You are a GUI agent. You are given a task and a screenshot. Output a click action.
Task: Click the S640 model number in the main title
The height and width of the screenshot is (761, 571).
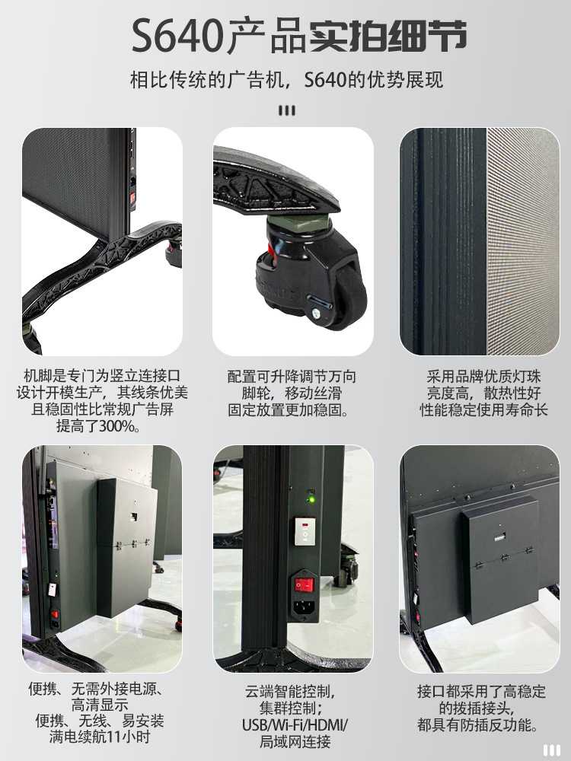177,36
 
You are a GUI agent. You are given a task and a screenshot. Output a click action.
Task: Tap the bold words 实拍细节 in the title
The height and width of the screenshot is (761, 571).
388,37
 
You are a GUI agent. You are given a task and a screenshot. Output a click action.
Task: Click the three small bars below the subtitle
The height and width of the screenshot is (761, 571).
286,110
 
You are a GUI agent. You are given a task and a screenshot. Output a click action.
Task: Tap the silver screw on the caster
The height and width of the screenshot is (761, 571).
314,313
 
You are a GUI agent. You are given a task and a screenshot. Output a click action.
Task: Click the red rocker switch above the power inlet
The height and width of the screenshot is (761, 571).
305,584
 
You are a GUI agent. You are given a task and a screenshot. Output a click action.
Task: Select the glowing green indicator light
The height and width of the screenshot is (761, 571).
309,500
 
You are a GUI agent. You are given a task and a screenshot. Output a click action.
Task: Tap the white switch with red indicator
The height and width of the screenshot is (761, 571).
305,530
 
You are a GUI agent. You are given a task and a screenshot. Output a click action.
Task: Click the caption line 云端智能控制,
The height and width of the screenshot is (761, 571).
290,692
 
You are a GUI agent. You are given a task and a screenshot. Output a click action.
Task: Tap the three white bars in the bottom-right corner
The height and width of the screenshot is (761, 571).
551,750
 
